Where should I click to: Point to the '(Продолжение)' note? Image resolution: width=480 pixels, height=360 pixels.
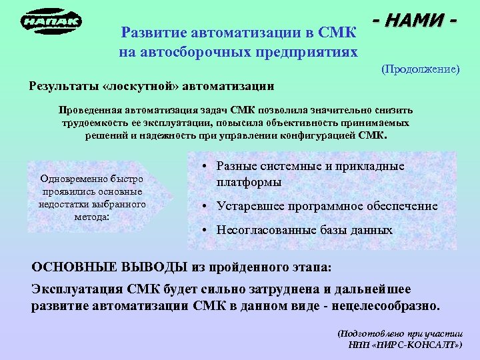[x=420, y=69]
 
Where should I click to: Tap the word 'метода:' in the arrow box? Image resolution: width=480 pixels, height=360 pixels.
[x=92, y=217]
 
